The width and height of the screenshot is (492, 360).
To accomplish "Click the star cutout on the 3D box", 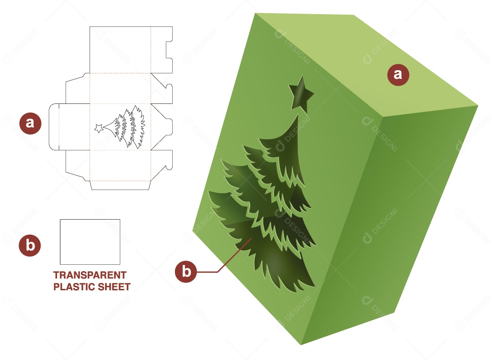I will click(x=301, y=94).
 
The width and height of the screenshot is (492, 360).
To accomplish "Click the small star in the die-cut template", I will click(x=98, y=129).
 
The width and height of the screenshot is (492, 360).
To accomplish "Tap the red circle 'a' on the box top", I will click(x=398, y=74).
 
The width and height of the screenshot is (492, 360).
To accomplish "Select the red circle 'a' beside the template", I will click(x=30, y=123).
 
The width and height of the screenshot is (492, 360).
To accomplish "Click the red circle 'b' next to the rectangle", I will click(x=30, y=246).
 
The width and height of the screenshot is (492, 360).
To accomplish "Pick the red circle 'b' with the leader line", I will click(x=186, y=272).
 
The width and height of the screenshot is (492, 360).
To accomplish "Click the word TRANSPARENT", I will click(x=90, y=275).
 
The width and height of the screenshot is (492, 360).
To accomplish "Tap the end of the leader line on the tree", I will click(x=251, y=239).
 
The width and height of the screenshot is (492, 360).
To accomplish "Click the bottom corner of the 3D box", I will click(x=301, y=344).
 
